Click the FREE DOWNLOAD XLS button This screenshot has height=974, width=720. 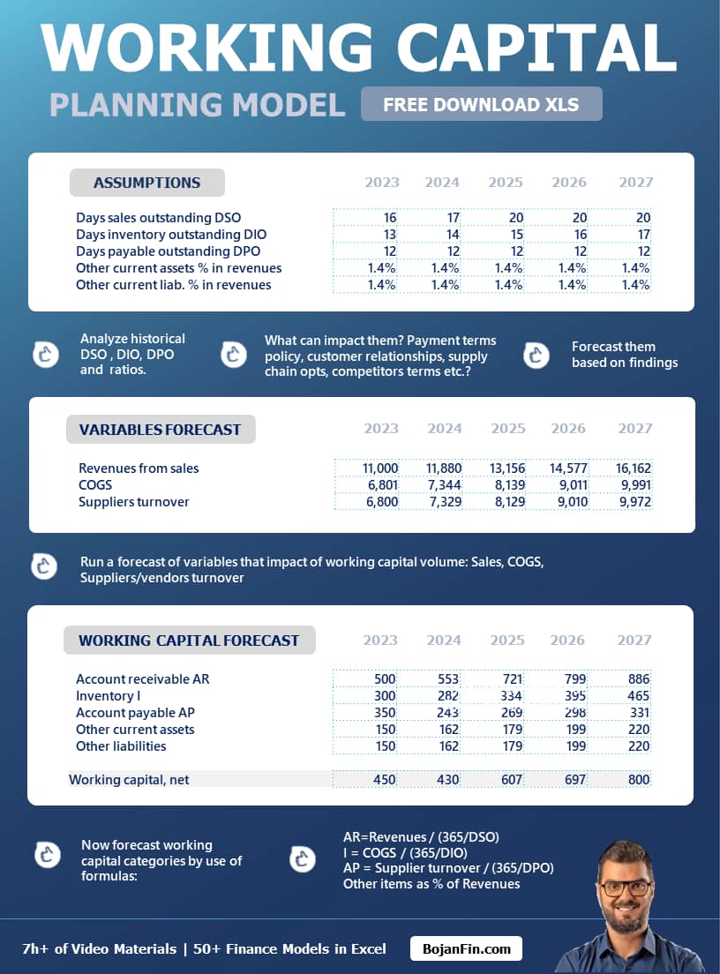(x=481, y=104)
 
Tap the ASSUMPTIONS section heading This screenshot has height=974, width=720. (x=146, y=183)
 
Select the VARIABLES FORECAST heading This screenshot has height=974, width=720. (x=160, y=430)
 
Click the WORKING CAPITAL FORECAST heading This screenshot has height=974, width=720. (x=189, y=641)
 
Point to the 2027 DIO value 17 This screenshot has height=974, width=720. (x=643, y=235)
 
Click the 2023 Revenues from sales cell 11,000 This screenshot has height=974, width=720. (x=380, y=468)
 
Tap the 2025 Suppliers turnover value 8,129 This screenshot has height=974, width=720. (x=506, y=502)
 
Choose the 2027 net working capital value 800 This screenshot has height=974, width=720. (x=639, y=780)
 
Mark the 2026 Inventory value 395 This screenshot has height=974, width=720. (x=575, y=696)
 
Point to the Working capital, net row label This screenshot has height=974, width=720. (x=129, y=780)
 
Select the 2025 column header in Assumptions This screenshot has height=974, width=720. (x=506, y=183)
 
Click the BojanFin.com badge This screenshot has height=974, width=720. (x=466, y=949)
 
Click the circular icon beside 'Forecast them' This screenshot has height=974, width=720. (x=536, y=355)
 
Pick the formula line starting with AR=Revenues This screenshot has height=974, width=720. (x=421, y=836)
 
